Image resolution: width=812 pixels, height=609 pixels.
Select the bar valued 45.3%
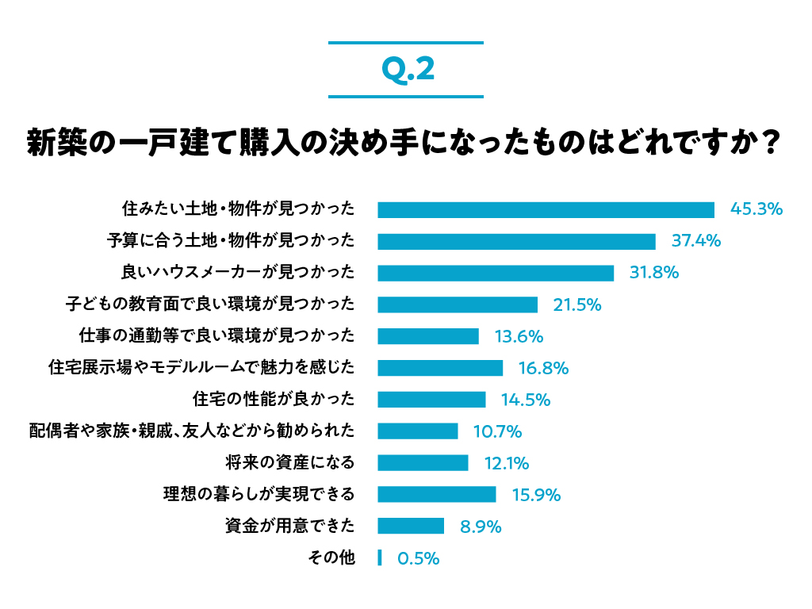click(546, 209)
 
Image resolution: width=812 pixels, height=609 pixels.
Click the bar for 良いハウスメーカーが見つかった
click(496, 273)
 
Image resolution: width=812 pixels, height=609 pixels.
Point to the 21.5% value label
click(576, 304)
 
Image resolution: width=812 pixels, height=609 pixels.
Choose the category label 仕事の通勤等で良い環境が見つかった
click(216, 336)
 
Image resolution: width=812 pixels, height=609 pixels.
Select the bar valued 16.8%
click(440, 368)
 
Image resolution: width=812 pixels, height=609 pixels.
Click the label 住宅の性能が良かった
click(274, 400)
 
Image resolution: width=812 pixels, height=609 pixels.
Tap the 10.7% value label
click(497, 431)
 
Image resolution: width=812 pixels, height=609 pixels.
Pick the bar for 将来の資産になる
click(423, 463)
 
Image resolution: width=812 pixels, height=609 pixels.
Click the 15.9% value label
click(536, 495)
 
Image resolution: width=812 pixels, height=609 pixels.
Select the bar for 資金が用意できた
click(411, 527)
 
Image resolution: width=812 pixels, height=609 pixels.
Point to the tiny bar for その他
click(380, 558)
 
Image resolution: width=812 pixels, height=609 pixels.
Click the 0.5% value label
click(418, 558)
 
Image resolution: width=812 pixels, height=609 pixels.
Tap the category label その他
click(331, 558)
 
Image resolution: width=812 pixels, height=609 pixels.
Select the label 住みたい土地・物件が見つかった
click(238, 209)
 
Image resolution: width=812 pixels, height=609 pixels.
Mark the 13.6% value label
click(519, 336)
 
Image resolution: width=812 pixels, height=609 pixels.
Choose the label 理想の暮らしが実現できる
click(259, 495)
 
